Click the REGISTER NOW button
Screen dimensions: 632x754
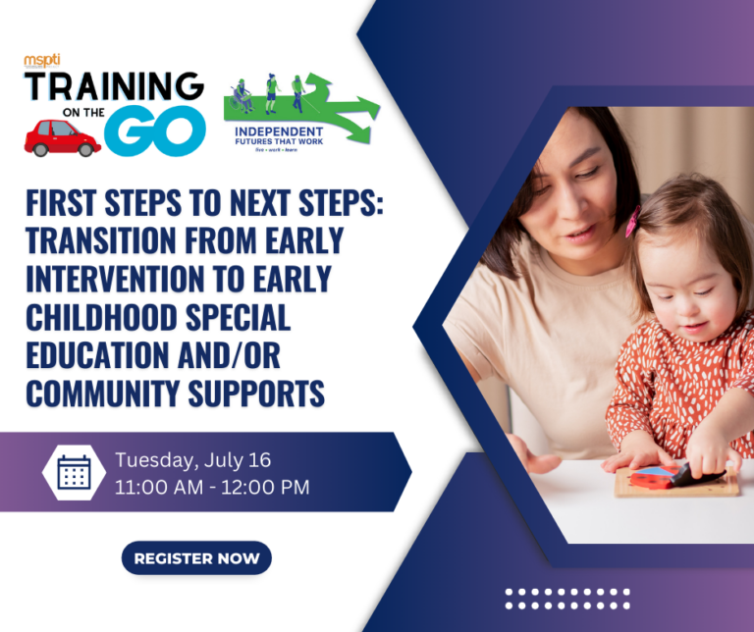(x=196, y=558)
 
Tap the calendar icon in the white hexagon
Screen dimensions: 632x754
(x=74, y=472)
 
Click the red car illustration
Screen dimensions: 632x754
(x=62, y=139)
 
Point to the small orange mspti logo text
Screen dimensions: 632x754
(x=42, y=60)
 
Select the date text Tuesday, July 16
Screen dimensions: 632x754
(x=192, y=459)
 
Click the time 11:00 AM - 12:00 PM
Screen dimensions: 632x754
(x=211, y=487)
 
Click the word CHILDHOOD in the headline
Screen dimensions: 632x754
(x=124, y=317)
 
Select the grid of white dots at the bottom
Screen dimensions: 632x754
(x=567, y=599)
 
